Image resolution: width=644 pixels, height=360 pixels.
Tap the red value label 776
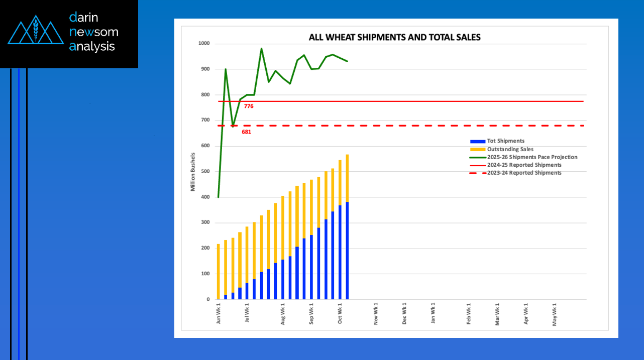point(249,106)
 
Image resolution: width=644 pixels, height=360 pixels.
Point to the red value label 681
point(246,132)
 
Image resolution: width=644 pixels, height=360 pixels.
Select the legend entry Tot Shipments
point(505,141)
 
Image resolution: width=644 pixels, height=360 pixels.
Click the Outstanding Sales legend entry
point(510,149)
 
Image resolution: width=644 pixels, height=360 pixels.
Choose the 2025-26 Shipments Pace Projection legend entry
point(531,157)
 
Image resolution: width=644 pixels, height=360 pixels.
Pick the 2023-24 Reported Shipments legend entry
point(524,173)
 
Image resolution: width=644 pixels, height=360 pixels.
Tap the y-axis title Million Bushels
point(193,172)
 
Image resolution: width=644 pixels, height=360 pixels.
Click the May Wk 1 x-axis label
point(555,313)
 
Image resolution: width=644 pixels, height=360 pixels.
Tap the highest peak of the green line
point(261,49)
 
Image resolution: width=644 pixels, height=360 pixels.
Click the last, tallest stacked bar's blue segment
point(347,251)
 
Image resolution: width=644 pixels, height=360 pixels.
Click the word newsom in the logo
point(94,32)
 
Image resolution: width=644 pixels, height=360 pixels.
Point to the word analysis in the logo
point(92,47)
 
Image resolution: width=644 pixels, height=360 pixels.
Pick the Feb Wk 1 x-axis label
point(469,313)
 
